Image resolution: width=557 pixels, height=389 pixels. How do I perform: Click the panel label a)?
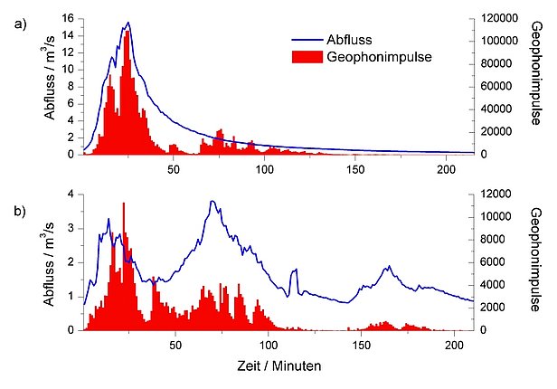click(20, 24)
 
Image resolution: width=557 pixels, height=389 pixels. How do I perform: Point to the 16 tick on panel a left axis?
click(69, 18)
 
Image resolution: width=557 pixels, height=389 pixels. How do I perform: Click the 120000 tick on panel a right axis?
click(496, 18)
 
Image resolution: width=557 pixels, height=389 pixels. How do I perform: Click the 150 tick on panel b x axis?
click(361, 345)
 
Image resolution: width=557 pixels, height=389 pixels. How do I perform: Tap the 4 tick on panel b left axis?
click(72, 194)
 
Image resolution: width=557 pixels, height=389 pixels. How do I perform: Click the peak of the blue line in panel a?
click(127, 23)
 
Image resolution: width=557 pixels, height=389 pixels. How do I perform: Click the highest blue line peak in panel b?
click(212, 201)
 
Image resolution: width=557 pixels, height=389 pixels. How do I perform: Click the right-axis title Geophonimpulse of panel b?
click(538, 261)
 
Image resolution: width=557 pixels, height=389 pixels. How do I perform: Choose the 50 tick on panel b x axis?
click(175, 345)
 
